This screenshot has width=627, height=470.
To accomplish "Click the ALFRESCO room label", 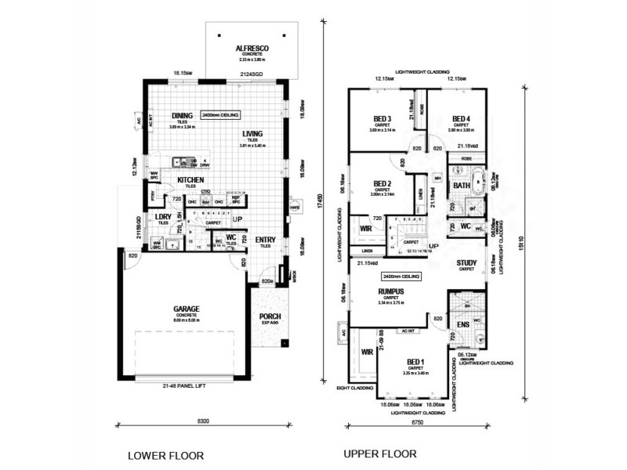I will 252,49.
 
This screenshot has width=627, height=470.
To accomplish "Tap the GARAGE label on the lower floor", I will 186,309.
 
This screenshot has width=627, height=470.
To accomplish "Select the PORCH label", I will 270,316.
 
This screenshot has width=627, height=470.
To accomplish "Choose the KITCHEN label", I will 190,180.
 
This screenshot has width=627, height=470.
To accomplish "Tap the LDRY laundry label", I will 163,216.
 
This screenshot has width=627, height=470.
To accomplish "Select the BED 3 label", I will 382,119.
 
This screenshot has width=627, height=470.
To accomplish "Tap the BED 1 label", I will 415,361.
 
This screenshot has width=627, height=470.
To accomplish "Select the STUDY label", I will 468,264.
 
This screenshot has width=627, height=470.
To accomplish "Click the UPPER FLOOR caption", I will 383,453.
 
